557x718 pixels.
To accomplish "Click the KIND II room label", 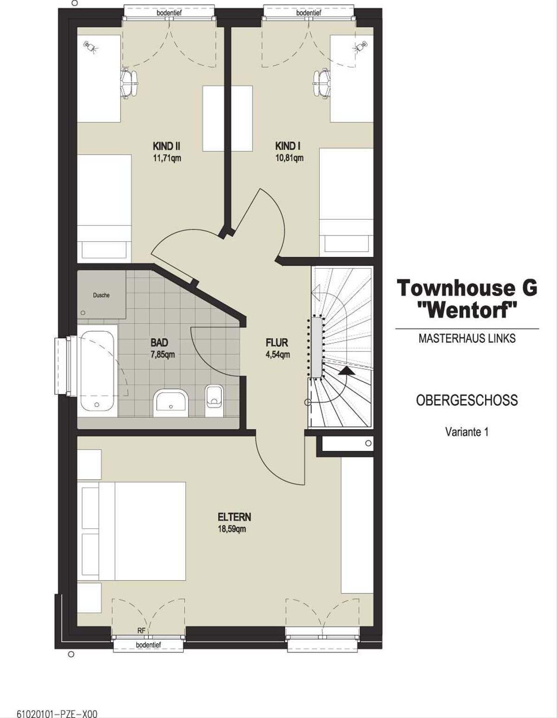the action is (x=167, y=146).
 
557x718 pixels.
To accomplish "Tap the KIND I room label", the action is (x=288, y=146).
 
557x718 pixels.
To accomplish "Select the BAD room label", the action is (x=159, y=342).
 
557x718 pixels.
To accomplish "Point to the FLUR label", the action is (x=277, y=342).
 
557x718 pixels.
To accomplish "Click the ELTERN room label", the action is (x=234, y=517).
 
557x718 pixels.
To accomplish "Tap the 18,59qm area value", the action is (x=232, y=529).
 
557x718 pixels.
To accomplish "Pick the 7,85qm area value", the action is (x=162, y=354).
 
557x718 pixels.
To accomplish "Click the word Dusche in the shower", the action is (x=101, y=295).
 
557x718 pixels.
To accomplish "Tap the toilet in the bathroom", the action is (x=214, y=401).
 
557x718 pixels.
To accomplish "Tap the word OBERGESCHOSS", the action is (x=467, y=400).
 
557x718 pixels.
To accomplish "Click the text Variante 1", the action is (x=467, y=432).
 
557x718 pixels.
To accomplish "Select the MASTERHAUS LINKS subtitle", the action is (x=467, y=339).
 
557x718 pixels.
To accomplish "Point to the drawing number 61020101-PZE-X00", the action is (x=57, y=712).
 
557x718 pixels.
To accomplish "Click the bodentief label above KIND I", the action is (x=309, y=13).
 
